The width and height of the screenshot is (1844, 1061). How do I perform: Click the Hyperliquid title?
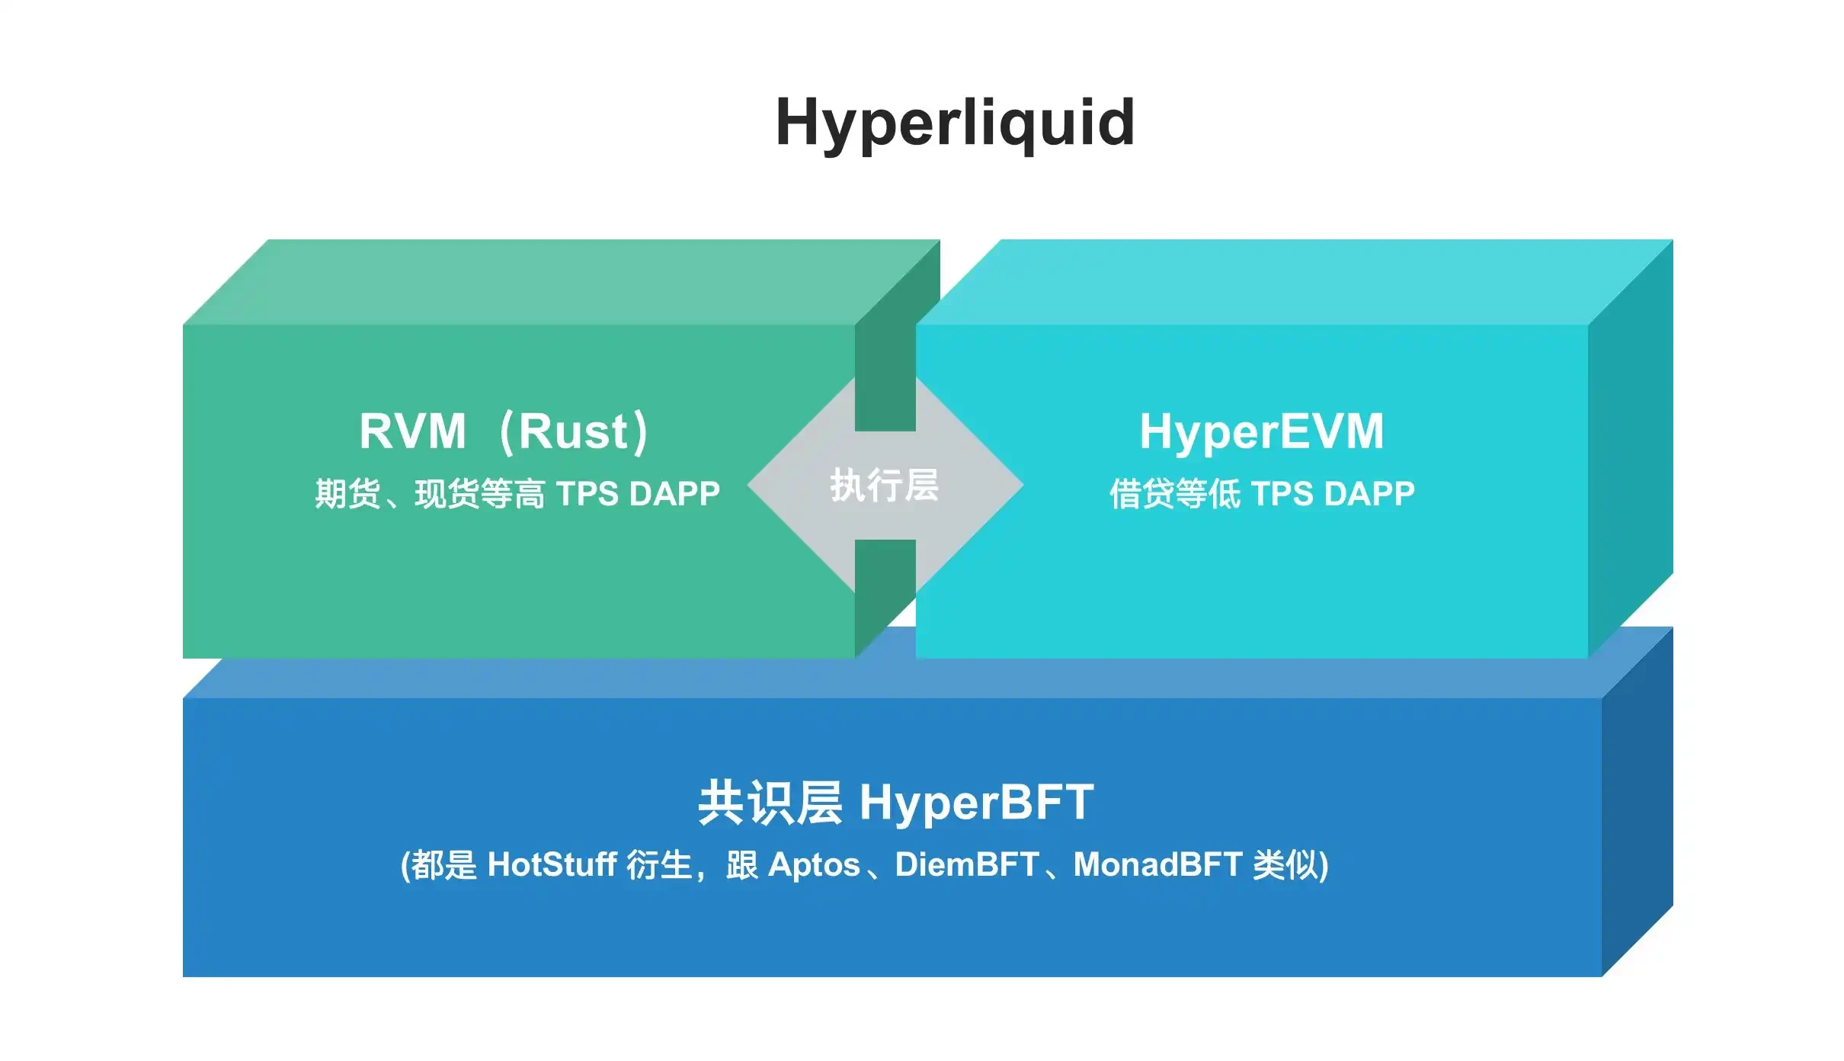tap(955, 123)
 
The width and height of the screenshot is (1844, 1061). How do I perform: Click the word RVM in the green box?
tap(412, 431)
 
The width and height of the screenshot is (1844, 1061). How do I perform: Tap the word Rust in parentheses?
tap(573, 431)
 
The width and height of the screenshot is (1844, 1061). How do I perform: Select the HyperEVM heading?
tap(1262, 431)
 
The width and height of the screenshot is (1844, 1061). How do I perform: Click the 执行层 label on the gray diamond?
tap(884, 486)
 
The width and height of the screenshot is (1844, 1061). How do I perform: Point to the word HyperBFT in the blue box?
tap(977, 803)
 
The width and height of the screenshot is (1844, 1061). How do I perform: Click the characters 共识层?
tap(770, 803)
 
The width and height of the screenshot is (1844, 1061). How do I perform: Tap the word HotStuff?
tap(552, 865)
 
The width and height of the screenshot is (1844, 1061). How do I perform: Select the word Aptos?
tap(814, 865)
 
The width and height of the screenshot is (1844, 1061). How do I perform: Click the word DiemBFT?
tap(967, 865)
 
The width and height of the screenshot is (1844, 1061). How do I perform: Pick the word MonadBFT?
tap(1157, 865)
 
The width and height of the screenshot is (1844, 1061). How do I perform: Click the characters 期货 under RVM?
tap(347, 494)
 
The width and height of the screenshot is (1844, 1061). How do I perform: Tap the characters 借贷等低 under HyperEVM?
tap(1174, 494)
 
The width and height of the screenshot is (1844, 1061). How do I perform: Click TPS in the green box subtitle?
tap(587, 494)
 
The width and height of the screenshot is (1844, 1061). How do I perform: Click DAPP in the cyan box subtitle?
tap(1369, 494)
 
